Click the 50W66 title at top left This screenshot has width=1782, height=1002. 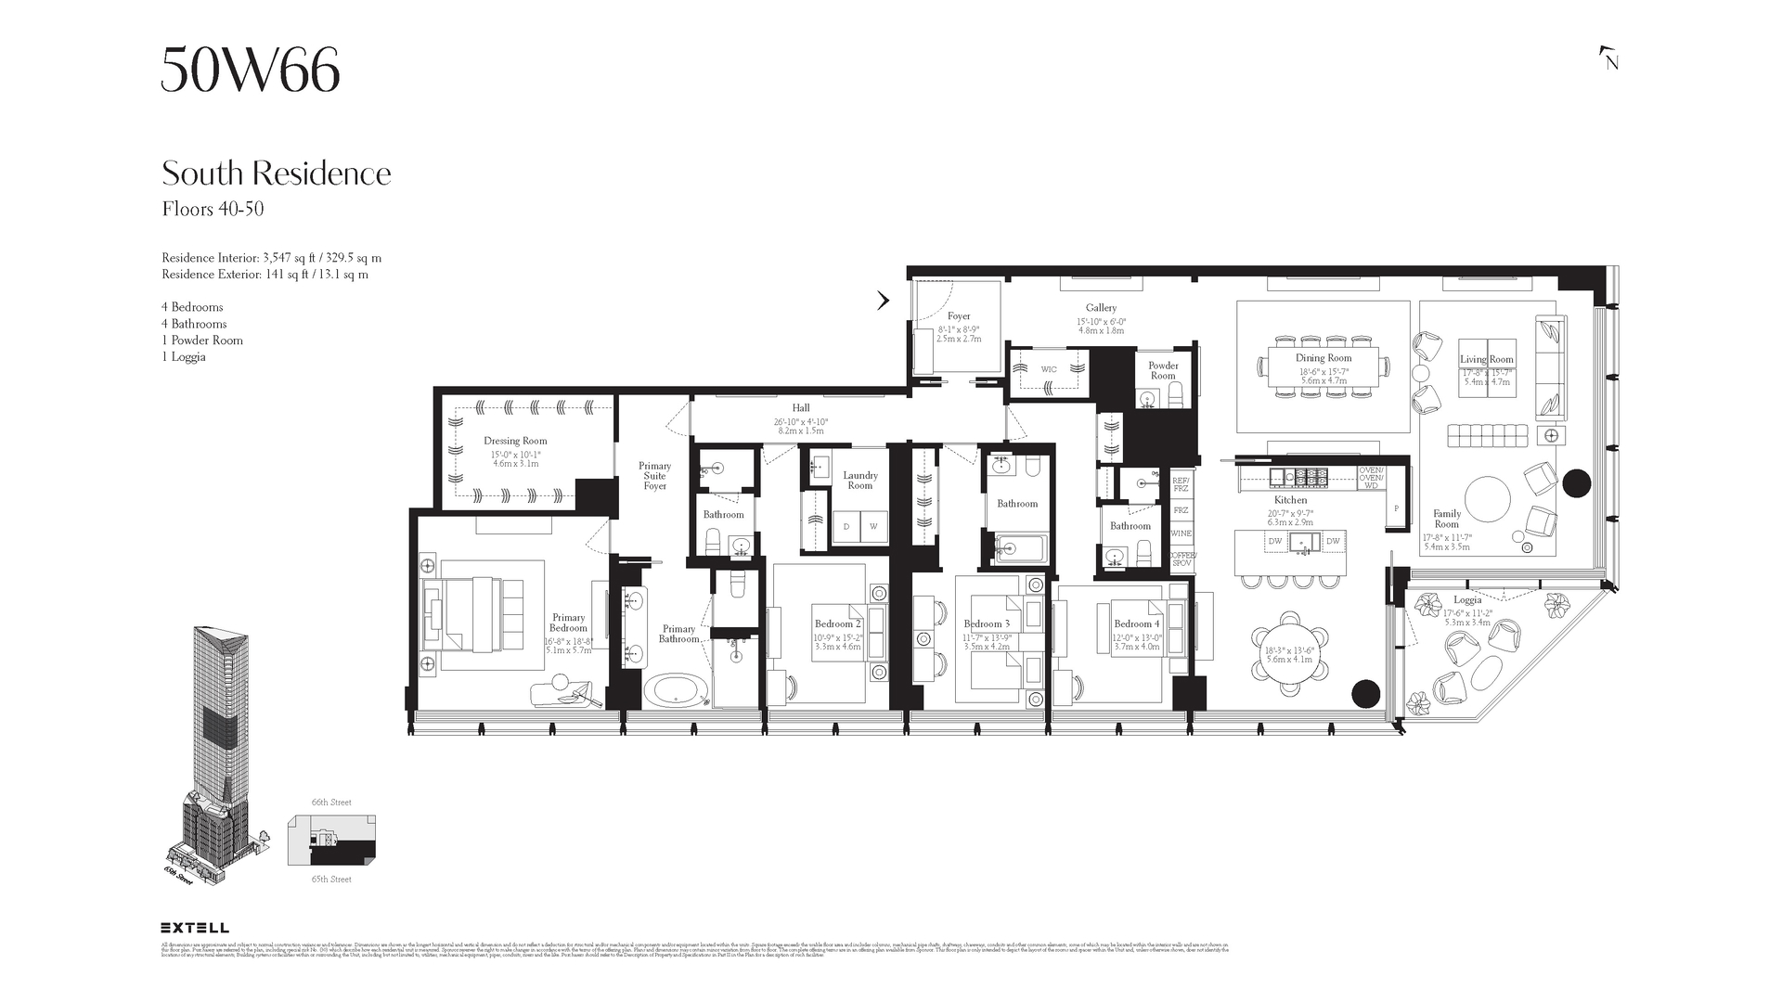tap(251, 70)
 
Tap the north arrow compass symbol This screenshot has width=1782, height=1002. tap(1609, 58)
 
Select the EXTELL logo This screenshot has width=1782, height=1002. tap(195, 927)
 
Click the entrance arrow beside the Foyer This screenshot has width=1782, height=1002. tap(884, 300)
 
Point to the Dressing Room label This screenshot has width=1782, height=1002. tap(515, 441)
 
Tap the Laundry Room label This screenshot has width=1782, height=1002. tap(860, 481)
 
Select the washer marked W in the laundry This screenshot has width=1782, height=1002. tap(873, 526)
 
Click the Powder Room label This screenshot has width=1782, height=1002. tap(1163, 370)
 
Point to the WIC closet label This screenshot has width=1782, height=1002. tap(1048, 369)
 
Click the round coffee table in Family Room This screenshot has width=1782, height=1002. tap(1488, 502)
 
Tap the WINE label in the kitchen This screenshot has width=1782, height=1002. tap(1181, 533)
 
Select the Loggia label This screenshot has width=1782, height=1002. tap(1467, 599)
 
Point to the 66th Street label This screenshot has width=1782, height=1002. tap(331, 803)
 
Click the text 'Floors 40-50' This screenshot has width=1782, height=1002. tap(213, 209)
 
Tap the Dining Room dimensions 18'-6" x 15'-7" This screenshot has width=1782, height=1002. tap(1324, 371)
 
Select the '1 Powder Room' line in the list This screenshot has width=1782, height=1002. tap(202, 340)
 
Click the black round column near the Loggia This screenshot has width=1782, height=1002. tap(1365, 693)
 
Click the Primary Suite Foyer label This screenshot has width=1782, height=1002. tap(654, 476)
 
